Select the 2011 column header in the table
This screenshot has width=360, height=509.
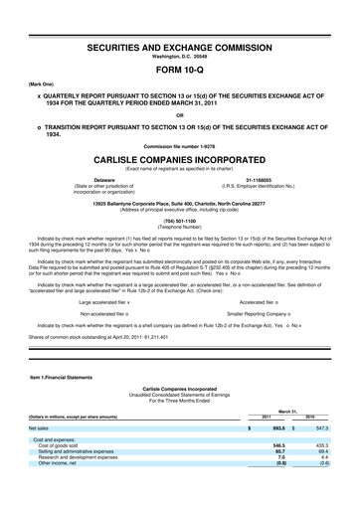point(266,444)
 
